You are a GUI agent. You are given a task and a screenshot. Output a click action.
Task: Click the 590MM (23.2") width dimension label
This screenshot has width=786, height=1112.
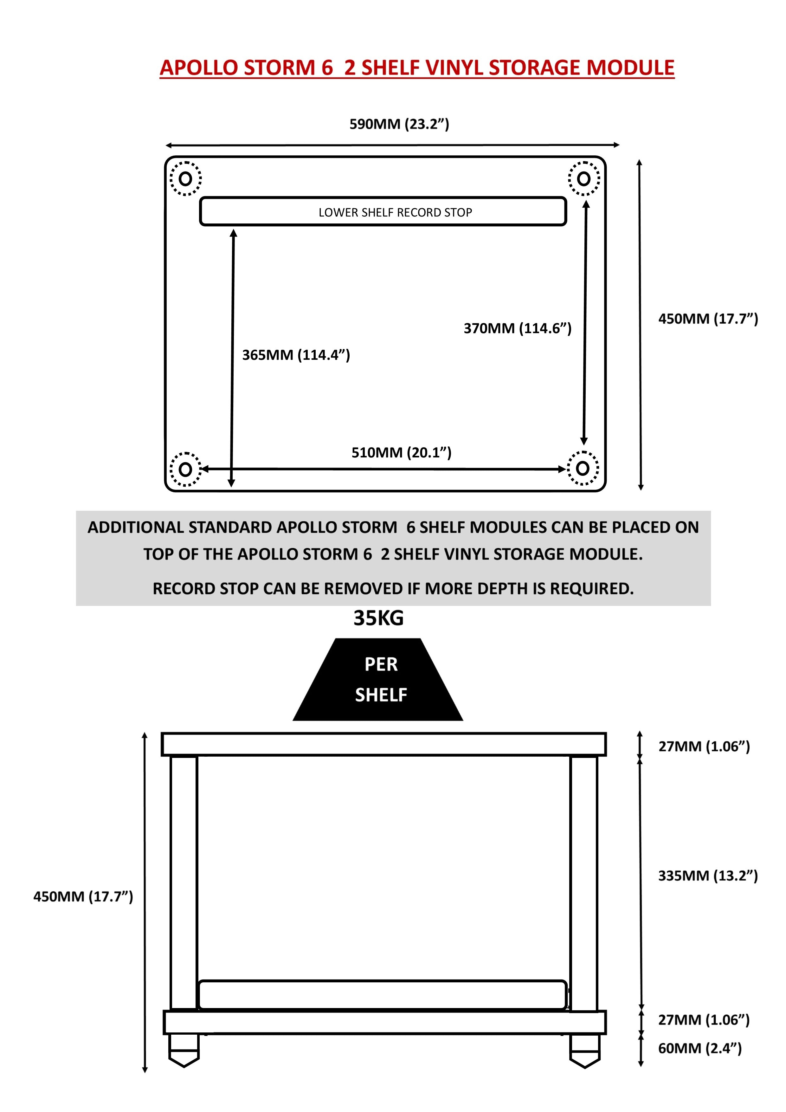pyautogui.click(x=399, y=124)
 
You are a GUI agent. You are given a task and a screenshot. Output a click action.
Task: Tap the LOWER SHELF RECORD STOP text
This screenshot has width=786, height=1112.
pyautogui.click(x=395, y=212)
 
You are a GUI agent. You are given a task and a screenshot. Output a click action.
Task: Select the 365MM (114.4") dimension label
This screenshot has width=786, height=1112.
pyautogui.click(x=296, y=355)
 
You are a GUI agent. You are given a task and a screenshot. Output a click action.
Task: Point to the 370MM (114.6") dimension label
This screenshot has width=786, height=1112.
pyautogui.click(x=517, y=328)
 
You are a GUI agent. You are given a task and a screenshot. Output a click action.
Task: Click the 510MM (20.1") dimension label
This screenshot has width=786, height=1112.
pyautogui.click(x=401, y=452)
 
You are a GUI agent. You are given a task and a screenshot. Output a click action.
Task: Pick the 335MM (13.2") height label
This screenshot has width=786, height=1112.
pyautogui.click(x=707, y=875)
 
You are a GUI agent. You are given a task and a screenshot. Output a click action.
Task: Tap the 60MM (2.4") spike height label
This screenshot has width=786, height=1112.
pyautogui.click(x=699, y=1048)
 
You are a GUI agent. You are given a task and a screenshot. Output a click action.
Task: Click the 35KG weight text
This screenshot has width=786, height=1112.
pyautogui.click(x=378, y=618)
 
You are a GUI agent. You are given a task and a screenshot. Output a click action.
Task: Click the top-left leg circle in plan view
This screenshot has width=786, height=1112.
pyautogui.click(x=185, y=179)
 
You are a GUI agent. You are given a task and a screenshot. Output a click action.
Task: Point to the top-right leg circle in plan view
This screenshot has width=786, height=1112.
pyautogui.click(x=583, y=179)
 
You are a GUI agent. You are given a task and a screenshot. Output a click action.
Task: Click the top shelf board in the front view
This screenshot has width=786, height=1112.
pyautogui.click(x=383, y=744)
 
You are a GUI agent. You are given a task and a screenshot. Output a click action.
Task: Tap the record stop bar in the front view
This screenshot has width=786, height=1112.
pyautogui.click(x=382, y=995)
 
